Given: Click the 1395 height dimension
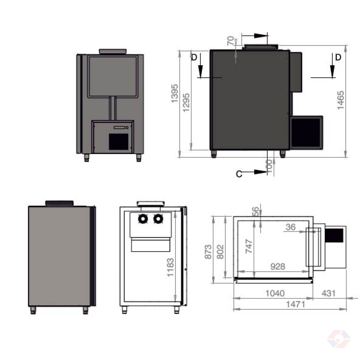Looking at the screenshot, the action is click(175, 93).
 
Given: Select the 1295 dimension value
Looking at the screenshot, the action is click(186, 103).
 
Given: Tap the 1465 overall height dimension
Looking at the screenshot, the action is click(340, 100).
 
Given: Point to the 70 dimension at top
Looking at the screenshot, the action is click(231, 41).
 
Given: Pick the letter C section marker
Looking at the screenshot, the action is click(239, 174).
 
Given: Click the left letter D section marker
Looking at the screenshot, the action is click(194, 58).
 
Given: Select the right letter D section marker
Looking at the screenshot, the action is click(338, 57).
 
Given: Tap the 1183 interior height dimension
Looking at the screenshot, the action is click(170, 267).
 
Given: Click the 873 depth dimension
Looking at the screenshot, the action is click(208, 252).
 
